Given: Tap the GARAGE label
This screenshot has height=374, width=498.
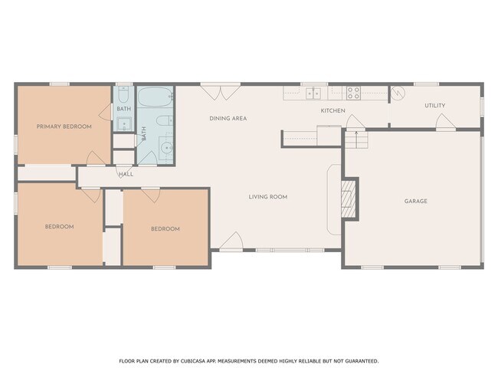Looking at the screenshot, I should click(416, 201).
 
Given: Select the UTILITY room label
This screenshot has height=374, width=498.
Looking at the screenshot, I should click(434, 106).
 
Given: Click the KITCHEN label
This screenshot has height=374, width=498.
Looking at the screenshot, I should click(333, 111).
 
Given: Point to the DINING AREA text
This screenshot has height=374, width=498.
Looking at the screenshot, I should click(228, 119).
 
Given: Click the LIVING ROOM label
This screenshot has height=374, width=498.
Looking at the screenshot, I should click(267, 197).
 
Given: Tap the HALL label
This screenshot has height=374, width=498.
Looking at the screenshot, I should click(126, 174).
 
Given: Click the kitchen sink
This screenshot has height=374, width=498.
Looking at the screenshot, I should click(313, 93).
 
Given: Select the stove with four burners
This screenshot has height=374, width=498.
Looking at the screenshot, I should click(353, 93).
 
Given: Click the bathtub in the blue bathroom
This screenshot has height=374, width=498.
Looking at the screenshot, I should click(156, 99).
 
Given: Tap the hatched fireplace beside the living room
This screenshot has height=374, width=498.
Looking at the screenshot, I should click(349, 198).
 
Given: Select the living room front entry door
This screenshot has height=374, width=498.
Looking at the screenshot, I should click(231, 244).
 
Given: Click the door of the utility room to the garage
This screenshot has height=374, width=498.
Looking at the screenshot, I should click(441, 123).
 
